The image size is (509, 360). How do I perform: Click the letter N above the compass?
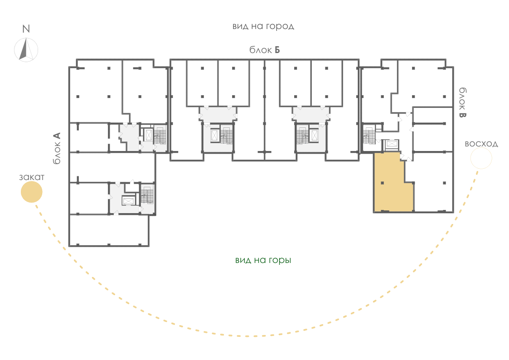[x=26, y=29]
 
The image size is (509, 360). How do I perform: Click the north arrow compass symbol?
[x=26, y=50]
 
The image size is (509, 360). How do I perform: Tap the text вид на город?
[x=263, y=26]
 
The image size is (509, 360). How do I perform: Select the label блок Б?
[x=265, y=50]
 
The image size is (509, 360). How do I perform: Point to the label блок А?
[x=57, y=148]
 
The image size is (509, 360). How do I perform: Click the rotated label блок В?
[x=463, y=102]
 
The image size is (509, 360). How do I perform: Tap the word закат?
[x=31, y=177]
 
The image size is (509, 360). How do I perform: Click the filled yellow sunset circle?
[x=31, y=192]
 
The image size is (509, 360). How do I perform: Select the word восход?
[x=481, y=144]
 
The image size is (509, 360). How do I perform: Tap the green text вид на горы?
[x=263, y=260]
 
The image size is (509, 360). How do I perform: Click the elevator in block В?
[x=390, y=144]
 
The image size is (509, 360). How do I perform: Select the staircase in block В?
[x=369, y=135]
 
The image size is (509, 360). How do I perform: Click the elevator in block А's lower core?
[x=128, y=201]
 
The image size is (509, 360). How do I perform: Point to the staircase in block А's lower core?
[x=147, y=195]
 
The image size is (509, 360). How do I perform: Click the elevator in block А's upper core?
[x=149, y=135]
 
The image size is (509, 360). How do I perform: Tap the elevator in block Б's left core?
[x=214, y=135]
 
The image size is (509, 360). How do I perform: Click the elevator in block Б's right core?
[x=314, y=135]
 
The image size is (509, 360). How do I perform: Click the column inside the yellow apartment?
[x=383, y=183]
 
